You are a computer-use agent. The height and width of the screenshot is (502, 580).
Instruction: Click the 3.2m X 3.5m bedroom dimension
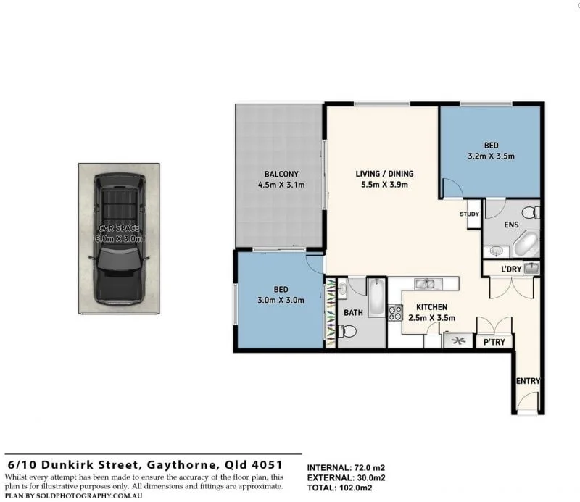tap(491, 156)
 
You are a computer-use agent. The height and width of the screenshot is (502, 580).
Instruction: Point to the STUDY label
tap(469, 214)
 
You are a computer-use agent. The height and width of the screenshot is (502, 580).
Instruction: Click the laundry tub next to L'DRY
tap(532, 268)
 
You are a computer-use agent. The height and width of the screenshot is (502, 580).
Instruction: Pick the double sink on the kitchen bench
tap(425, 283)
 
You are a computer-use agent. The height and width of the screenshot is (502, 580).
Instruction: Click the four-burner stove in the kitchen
tap(396, 313)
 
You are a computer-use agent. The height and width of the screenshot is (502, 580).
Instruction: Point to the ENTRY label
tap(527, 381)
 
